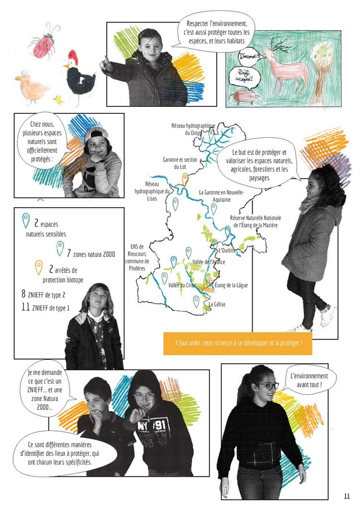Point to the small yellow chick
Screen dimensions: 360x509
(x=59, y=99)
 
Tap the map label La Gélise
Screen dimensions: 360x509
(x=217, y=305)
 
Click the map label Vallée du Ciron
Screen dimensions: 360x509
(x=182, y=285)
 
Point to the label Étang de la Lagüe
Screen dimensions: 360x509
(x=231, y=285)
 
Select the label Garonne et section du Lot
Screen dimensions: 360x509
(x=180, y=163)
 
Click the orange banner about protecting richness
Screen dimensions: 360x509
(x=238, y=343)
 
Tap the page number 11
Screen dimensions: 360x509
(x=347, y=496)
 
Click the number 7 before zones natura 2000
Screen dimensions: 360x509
(x=69, y=253)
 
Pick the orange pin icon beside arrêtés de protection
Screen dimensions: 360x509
(x=39, y=267)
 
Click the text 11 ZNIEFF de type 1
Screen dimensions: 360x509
(x=45, y=307)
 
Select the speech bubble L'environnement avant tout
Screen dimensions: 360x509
(x=309, y=380)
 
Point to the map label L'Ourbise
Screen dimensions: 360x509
(x=227, y=251)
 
